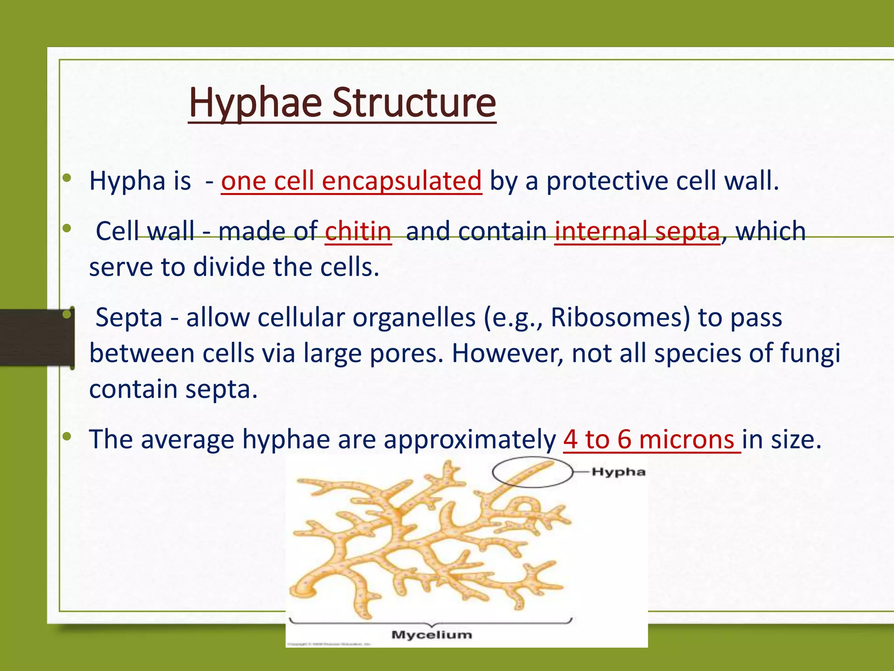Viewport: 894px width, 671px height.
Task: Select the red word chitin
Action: pos(358,231)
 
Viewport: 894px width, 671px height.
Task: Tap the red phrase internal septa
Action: pos(637,231)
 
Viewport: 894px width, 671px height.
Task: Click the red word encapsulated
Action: pos(401,181)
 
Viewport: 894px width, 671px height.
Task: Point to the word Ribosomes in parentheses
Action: pos(620,317)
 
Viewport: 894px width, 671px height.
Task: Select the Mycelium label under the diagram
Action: pos(431,635)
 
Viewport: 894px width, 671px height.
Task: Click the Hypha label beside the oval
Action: pos(618,472)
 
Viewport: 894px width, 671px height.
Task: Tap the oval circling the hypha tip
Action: pos(532,472)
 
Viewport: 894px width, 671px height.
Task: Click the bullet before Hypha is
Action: pos(66,178)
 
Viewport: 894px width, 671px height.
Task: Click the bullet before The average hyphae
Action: pos(66,436)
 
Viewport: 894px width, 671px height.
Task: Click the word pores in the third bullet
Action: pos(406,353)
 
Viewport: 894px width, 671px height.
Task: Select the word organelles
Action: pos(413,317)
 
